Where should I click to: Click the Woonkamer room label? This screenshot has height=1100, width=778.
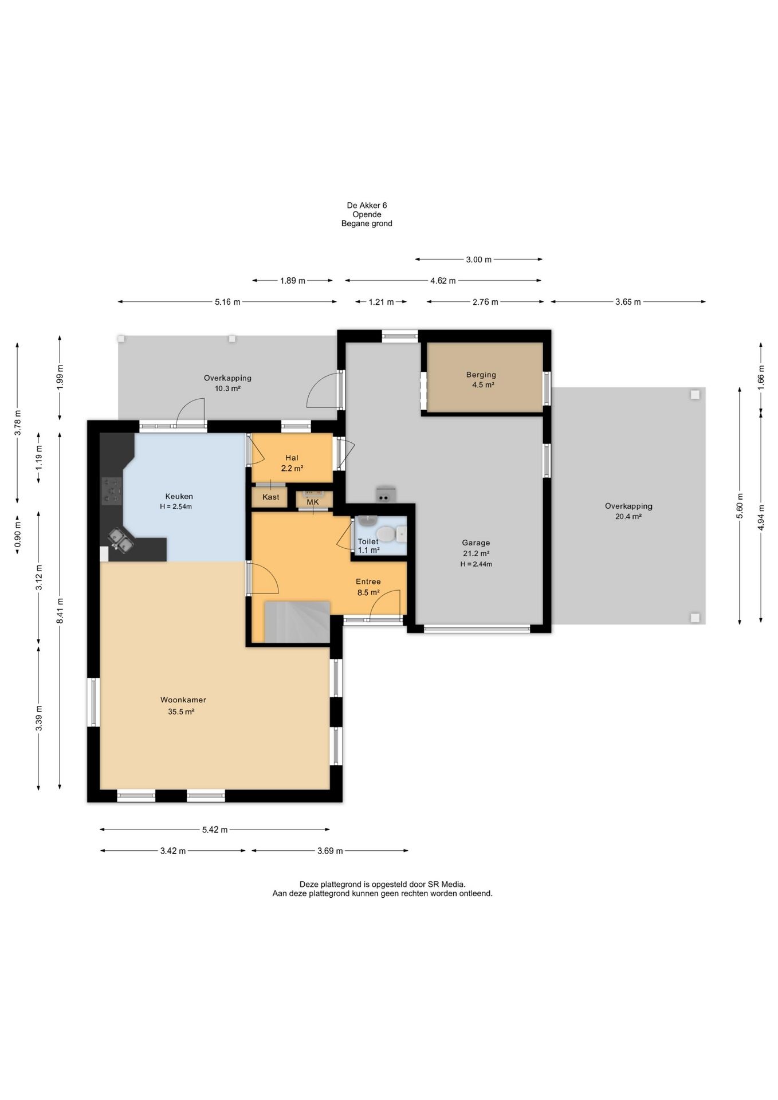[183, 700]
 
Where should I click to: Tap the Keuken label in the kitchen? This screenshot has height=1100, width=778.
[179, 496]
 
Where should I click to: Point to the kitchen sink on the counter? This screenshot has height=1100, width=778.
[121, 540]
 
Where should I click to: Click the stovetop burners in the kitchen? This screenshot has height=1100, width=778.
[112, 491]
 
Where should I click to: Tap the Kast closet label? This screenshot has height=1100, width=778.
[271, 497]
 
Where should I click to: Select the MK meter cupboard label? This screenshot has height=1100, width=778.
[313, 502]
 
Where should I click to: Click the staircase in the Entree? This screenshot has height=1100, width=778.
[297, 622]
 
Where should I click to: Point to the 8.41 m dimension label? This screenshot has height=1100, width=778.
[60, 611]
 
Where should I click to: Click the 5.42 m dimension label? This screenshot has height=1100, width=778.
[215, 830]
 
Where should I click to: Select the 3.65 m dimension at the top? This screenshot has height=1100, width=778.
[628, 302]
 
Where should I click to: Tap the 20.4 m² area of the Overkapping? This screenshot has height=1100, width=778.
[628, 516]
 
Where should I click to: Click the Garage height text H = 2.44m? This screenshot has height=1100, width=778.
[476, 564]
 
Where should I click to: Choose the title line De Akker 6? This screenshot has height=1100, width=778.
[367, 205]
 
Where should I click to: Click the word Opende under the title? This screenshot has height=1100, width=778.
[367, 214]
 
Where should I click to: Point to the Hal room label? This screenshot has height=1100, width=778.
[292, 458]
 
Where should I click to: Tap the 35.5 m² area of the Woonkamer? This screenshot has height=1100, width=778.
[181, 712]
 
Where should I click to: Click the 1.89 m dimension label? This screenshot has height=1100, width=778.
[293, 281]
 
